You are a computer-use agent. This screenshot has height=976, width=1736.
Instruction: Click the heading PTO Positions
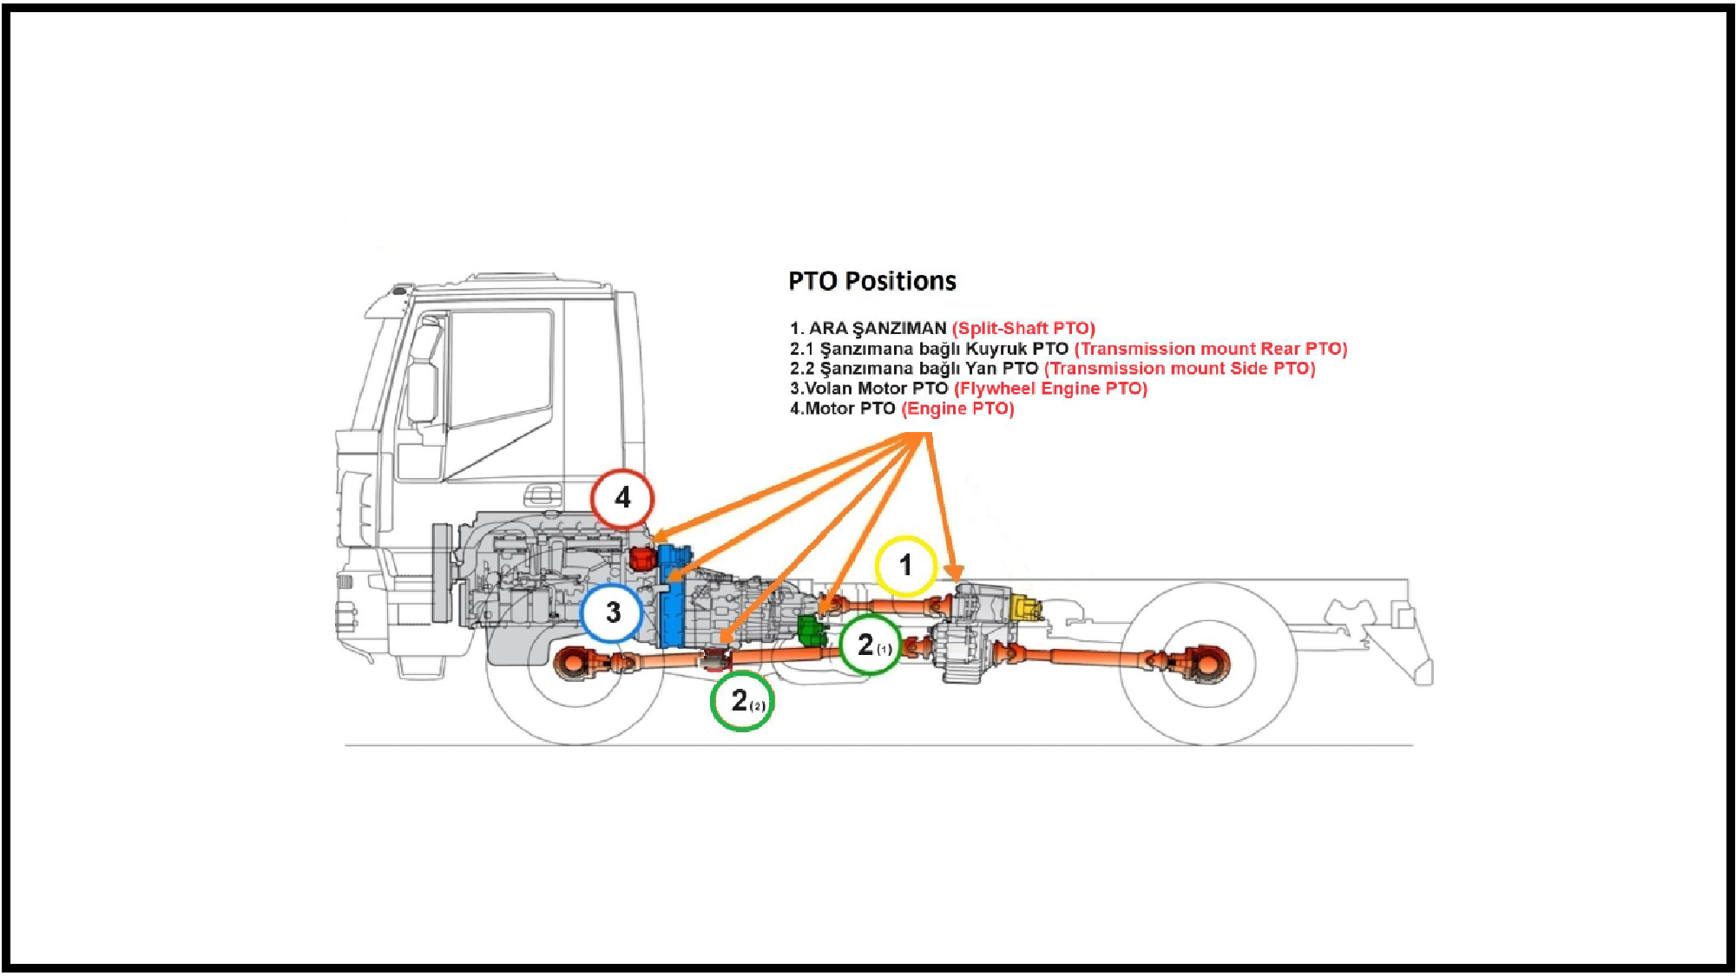click(x=871, y=281)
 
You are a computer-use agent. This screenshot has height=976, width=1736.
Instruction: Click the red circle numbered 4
click(x=622, y=499)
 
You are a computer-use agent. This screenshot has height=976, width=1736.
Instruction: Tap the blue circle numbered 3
click(x=613, y=612)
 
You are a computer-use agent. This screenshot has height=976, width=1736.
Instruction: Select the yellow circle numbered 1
click(x=905, y=566)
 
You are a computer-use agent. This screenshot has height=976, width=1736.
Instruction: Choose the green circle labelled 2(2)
click(x=741, y=701)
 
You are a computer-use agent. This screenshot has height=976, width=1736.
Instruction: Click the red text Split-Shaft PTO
click(x=1023, y=329)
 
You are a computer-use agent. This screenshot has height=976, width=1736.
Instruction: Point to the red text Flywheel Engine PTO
click(x=1050, y=389)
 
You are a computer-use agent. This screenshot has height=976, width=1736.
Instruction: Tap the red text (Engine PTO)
click(x=957, y=409)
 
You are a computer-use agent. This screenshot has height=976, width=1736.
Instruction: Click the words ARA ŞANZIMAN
click(x=877, y=329)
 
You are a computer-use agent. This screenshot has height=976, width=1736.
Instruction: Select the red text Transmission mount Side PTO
click(x=1180, y=369)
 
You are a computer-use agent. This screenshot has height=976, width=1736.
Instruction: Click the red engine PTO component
click(x=641, y=558)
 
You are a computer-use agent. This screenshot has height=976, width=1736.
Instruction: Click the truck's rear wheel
click(x=1207, y=664)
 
